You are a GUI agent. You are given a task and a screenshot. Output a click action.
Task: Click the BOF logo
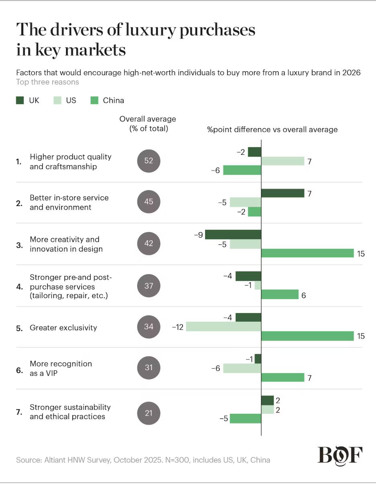340,455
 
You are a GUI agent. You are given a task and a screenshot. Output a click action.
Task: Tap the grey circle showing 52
149,161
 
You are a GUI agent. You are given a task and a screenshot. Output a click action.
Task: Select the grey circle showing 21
149,413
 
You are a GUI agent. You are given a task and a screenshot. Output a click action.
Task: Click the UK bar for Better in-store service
283,193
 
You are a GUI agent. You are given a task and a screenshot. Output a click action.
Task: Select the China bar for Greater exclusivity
307,336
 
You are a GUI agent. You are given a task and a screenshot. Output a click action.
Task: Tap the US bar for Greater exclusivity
224,327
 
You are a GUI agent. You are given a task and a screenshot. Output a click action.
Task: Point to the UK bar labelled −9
233,234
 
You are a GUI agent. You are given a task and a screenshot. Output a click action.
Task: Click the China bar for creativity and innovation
307,253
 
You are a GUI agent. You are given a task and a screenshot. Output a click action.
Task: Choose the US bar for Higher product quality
283,161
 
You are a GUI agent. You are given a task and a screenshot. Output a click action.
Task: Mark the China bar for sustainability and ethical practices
245,419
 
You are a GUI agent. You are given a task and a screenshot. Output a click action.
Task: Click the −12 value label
178,327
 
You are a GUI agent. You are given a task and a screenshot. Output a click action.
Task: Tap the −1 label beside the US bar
249,286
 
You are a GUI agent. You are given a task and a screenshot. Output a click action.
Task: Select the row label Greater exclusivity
63,328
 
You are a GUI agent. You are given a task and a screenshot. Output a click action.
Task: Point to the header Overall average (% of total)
148,124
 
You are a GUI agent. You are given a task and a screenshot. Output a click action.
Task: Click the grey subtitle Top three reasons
47,82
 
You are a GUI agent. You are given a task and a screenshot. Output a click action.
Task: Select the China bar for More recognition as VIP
283,377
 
